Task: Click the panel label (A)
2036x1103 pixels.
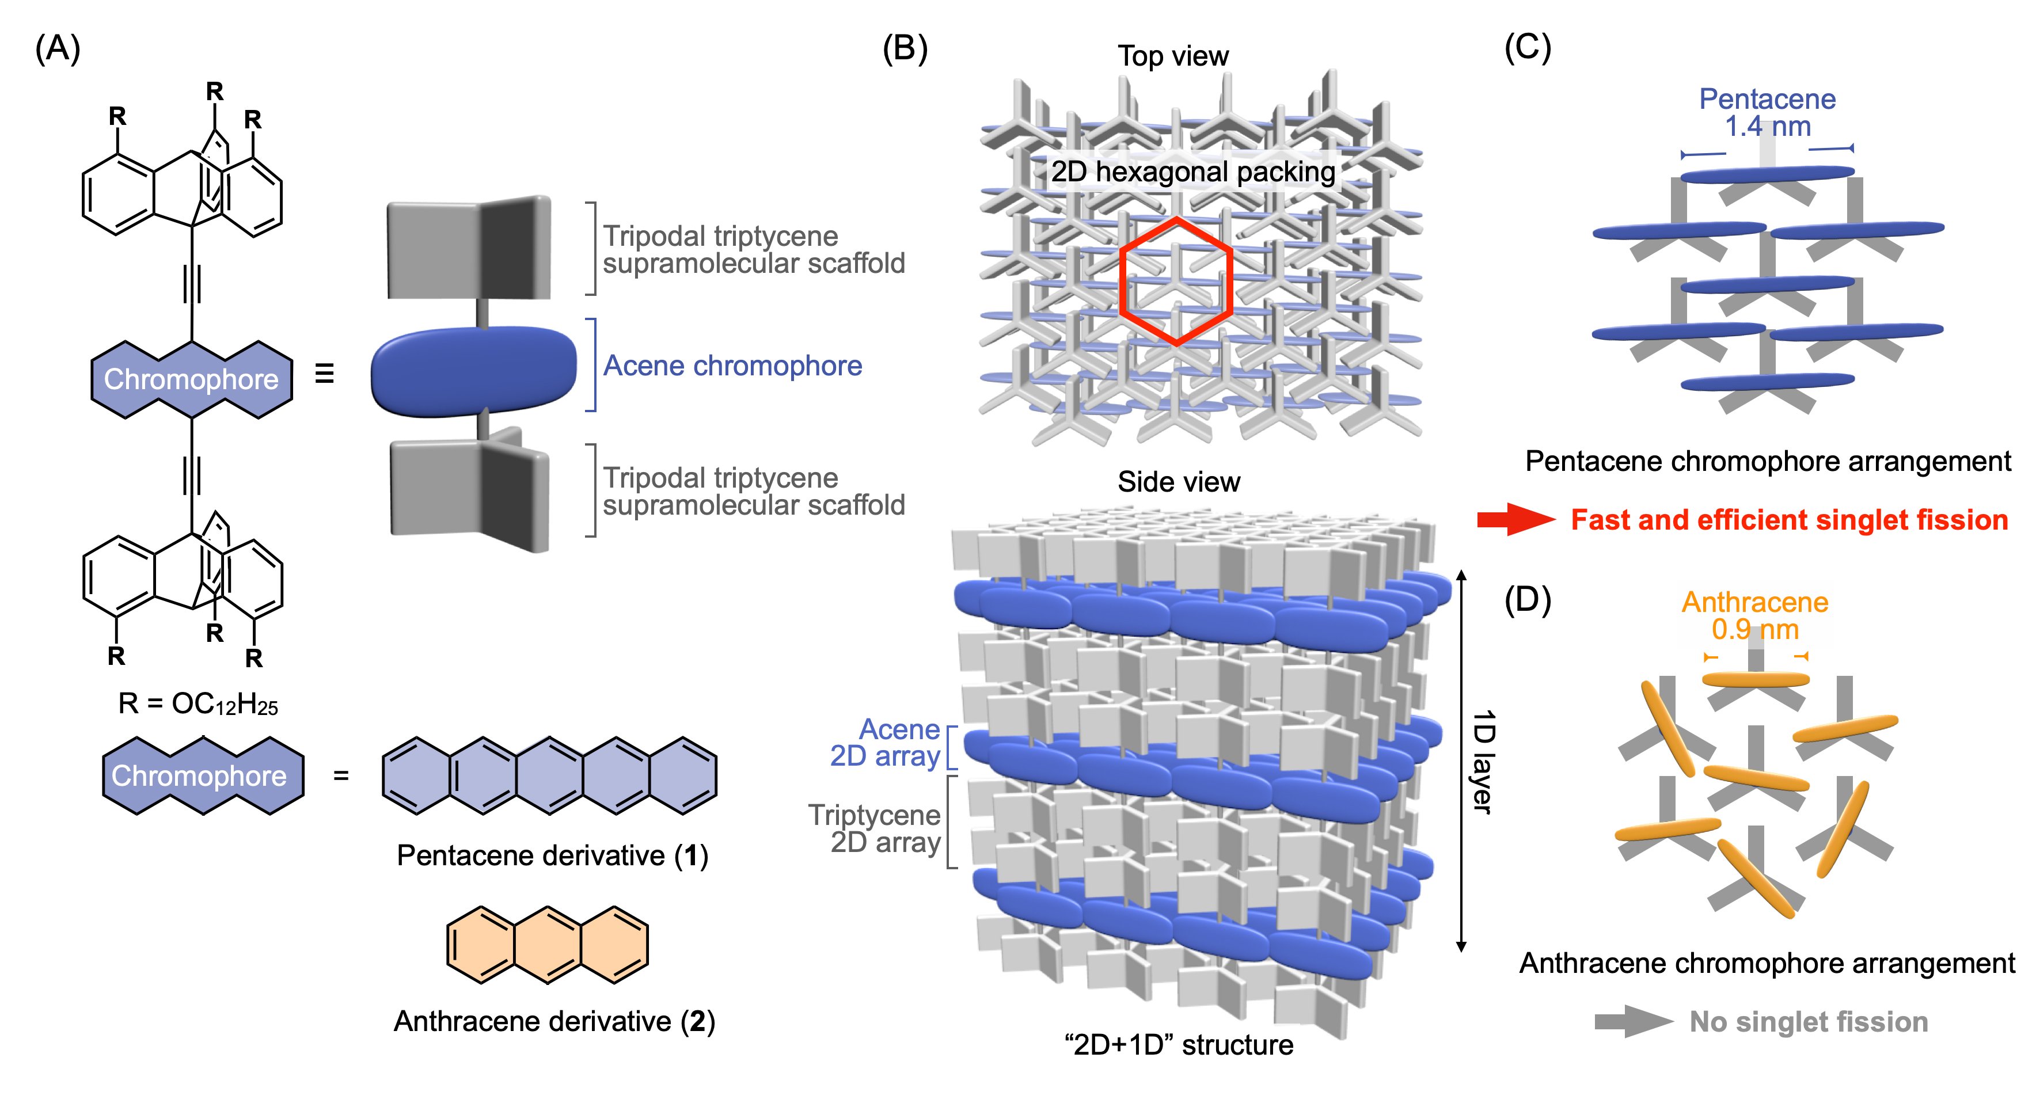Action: click(58, 48)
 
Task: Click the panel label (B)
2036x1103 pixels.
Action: click(905, 48)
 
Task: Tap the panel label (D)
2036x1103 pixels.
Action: click(1528, 600)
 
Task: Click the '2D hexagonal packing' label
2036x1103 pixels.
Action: click(1192, 172)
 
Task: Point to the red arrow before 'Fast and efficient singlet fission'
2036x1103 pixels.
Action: click(1516, 519)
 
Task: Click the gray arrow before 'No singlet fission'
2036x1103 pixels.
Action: click(1634, 1022)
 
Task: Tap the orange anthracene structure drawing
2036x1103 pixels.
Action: click(547, 945)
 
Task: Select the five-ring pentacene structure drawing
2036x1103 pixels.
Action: click(549, 776)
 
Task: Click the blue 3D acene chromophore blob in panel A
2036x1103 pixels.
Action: click(474, 371)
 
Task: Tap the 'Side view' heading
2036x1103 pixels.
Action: click(1179, 481)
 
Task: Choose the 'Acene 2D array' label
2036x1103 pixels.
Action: click(884, 743)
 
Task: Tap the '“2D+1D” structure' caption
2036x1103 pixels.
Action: click(1179, 1044)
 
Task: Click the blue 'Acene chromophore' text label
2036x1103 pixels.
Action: click(732, 366)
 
